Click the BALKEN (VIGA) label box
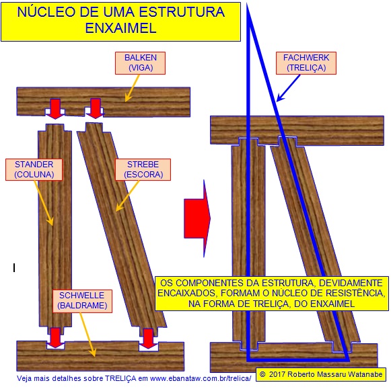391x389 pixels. tap(140, 63)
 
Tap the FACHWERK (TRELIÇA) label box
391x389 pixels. tap(306, 63)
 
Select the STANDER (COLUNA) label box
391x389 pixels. tap(34, 169)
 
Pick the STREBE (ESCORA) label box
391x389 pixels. tap(143, 169)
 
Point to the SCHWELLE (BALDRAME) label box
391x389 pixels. tap(82, 301)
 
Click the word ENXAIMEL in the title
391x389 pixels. tap(120, 28)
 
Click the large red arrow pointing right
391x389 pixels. tap(197, 218)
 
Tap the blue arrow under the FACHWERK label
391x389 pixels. tap(288, 89)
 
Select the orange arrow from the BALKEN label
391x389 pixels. tap(132, 88)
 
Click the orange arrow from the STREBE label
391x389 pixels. tap(127, 196)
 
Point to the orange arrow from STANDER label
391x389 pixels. tap(43, 203)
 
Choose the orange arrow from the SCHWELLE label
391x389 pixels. tap(87, 335)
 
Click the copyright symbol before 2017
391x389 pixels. tap(262, 374)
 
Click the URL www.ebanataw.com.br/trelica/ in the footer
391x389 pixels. tap(201, 378)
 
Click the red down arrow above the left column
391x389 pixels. tap(55, 109)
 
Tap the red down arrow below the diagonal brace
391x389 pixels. tap(148, 339)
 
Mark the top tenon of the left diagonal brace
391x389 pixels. tap(94, 128)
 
